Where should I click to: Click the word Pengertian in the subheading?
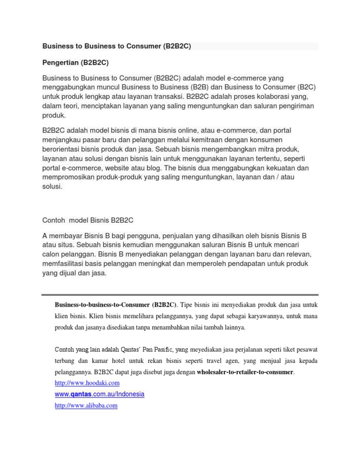(x=60, y=63)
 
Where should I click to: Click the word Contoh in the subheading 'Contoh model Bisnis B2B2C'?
(x=53, y=220)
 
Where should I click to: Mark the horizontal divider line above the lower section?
(x=180, y=295)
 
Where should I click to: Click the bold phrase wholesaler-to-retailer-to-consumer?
(x=245, y=372)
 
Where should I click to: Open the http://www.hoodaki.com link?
(x=87, y=383)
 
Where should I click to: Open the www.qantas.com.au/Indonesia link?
(x=99, y=394)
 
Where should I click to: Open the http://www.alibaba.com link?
(x=86, y=406)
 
